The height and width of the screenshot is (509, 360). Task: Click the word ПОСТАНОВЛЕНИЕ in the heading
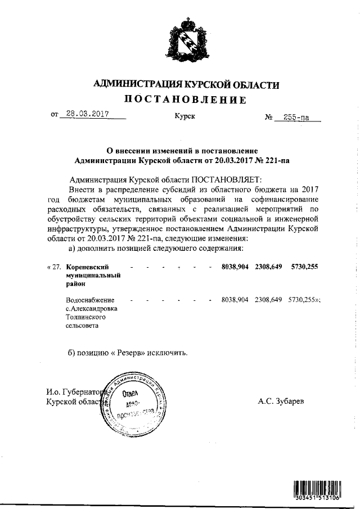[x=185, y=100]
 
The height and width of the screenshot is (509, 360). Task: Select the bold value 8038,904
[x=236, y=267]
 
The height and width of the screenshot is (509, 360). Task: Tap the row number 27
[x=55, y=268]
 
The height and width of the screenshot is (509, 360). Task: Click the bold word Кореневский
[x=87, y=267]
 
